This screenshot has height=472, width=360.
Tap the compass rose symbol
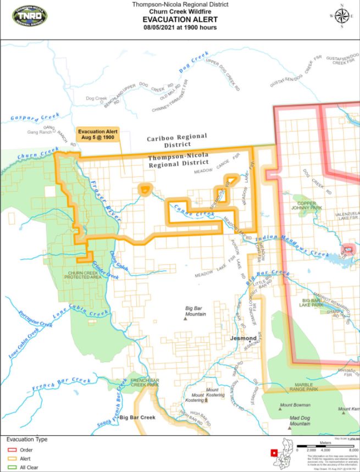tap(341, 16)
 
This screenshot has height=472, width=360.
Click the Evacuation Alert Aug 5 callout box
tap(96, 134)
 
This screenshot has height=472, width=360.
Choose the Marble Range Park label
tap(304, 387)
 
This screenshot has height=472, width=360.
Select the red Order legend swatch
tap(11, 449)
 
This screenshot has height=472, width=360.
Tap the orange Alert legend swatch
tap(11, 458)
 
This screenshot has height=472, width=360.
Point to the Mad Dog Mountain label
tap(300, 421)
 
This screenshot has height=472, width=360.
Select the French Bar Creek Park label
tap(145, 381)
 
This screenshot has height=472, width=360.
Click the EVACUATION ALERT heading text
tap(180, 19)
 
